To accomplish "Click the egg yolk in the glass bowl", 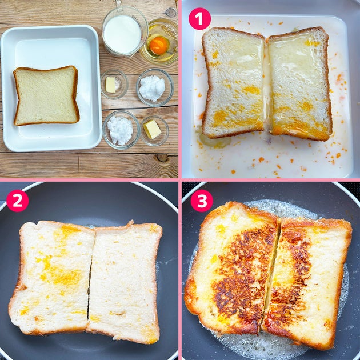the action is (158, 46).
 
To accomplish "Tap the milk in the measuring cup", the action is (122, 34).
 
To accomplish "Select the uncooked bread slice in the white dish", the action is (46, 96).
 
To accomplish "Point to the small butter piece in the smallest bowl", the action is (110, 85).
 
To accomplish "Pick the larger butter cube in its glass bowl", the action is (152, 129).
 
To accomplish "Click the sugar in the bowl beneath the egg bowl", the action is (152, 88).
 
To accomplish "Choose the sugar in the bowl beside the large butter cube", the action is (120, 130).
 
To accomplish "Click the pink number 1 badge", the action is (199, 19).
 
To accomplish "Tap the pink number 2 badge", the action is (18, 201).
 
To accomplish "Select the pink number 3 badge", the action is (202, 201).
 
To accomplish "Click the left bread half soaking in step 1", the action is (234, 83).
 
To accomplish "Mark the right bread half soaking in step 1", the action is (300, 83).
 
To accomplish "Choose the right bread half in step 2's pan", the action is (125, 282).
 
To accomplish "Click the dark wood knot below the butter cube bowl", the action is (162, 158).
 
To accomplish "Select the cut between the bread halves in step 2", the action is (90, 279).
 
